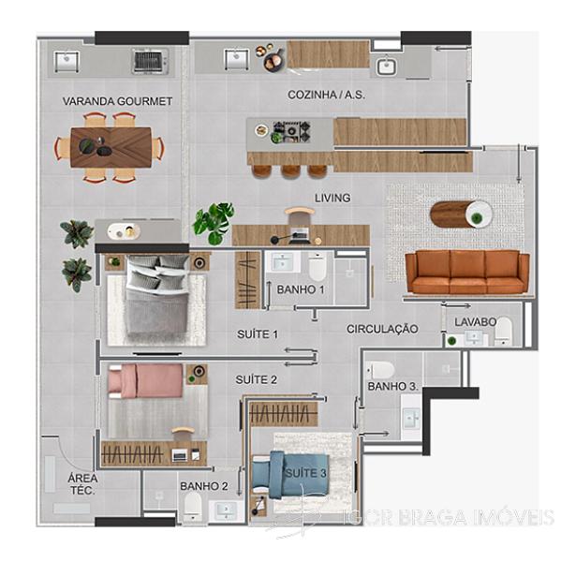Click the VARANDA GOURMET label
click(117, 101)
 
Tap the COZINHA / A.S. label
click(326, 95)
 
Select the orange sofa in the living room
click(467, 272)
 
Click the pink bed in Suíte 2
click(145, 381)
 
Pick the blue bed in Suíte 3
click(290, 475)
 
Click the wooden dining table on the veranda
click(111, 147)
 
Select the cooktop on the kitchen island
click(291, 132)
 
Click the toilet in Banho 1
click(318, 267)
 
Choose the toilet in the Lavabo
click(503, 331)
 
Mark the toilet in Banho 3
click(380, 370)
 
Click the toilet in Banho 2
click(193, 507)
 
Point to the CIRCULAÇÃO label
click(382, 329)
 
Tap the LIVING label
click(332, 198)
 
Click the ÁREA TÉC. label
click(82, 484)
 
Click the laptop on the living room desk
click(298, 236)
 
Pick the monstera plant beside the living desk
click(213, 223)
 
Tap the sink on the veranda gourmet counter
click(66, 61)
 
